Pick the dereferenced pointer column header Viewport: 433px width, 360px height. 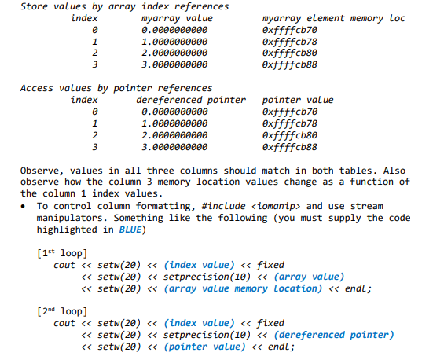[191, 100]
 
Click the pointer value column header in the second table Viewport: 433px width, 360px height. [297, 100]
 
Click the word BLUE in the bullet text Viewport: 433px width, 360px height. [131, 230]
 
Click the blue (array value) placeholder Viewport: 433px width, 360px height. [308, 277]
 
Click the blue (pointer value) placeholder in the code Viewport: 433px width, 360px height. [207, 347]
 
